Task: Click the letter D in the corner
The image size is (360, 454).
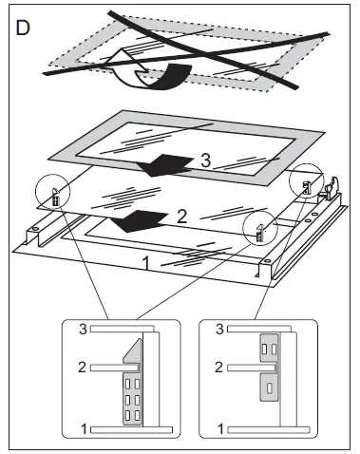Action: [x=23, y=28]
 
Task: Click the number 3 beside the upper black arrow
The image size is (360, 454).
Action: [x=206, y=161]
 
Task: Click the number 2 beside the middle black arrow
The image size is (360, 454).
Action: [x=181, y=218]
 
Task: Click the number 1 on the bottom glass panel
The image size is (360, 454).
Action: [x=146, y=263]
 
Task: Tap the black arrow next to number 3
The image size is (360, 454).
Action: [x=164, y=164]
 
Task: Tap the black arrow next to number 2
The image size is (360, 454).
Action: [x=140, y=220]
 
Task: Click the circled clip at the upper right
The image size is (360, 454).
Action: [x=306, y=187]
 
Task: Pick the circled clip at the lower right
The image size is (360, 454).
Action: [x=260, y=233]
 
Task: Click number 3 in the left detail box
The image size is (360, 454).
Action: [x=83, y=329]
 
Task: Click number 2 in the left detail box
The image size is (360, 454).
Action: [x=82, y=368]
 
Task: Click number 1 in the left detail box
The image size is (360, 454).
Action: [x=84, y=429]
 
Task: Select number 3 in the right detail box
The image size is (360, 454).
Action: [x=219, y=329]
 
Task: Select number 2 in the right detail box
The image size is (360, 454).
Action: [x=218, y=368]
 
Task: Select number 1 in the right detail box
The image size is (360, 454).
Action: [x=220, y=429]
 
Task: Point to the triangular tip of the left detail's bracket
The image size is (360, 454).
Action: [x=140, y=339]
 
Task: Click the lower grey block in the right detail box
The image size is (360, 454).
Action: [x=269, y=388]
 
